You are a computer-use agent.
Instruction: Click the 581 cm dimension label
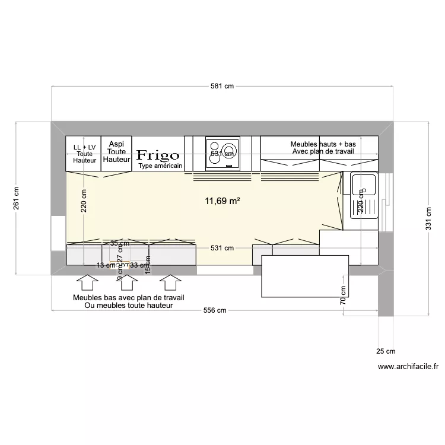pyautogui.click(x=222, y=86)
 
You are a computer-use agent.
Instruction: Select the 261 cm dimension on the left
pyautogui.click(x=16, y=198)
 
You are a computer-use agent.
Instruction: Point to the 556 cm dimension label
pyautogui.click(x=215, y=310)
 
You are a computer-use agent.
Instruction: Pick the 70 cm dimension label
pyautogui.click(x=343, y=294)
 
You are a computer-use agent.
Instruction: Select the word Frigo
pyautogui.click(x=158, y=155)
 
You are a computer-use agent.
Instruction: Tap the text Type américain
pyautogui.click(x=160, y=166)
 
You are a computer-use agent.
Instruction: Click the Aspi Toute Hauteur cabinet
pyautogui.click(x=116, y=152)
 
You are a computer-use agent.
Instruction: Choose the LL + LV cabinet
pyautogui.click(x=84, y=154)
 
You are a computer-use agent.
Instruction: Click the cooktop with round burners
pyautogui.click(x=223, y=154)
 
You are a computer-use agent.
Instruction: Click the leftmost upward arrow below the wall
pyautogui.click(x=88, y=281)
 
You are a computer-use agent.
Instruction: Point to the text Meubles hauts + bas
pyautogui.click(x=323, y=144)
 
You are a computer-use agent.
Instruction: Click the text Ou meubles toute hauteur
pyautogui.click(x=129, y=306)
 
